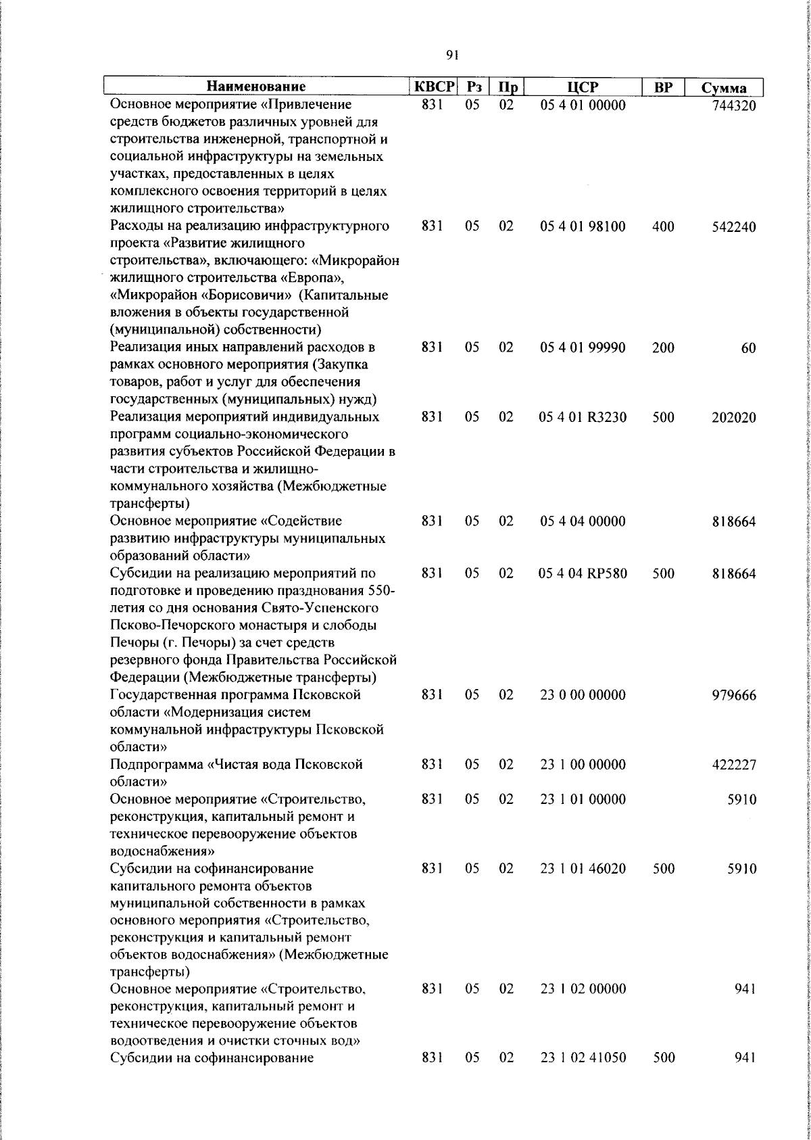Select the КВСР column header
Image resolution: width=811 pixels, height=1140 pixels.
[435, 87]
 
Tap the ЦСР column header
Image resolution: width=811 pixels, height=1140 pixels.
[583, 87]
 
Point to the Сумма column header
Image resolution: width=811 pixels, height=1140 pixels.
[724, 88]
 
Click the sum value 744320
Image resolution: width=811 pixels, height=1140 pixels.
[733, 106]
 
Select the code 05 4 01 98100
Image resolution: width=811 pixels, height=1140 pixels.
[583, 227]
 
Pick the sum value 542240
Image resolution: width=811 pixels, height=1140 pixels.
[733, 227]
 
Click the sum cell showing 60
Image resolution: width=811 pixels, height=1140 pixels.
[747, 348]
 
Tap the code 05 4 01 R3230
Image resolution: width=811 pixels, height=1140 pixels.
[583, 417]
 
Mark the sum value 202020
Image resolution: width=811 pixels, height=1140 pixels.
[733, 418]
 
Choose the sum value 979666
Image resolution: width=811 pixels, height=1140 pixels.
[733, 696]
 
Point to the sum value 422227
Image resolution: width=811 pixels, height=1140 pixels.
[733, 765]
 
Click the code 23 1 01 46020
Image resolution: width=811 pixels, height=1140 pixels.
[583, 868]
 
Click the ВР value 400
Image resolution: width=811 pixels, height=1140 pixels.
[663, 227]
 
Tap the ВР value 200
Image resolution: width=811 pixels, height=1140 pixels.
[663, 348]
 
